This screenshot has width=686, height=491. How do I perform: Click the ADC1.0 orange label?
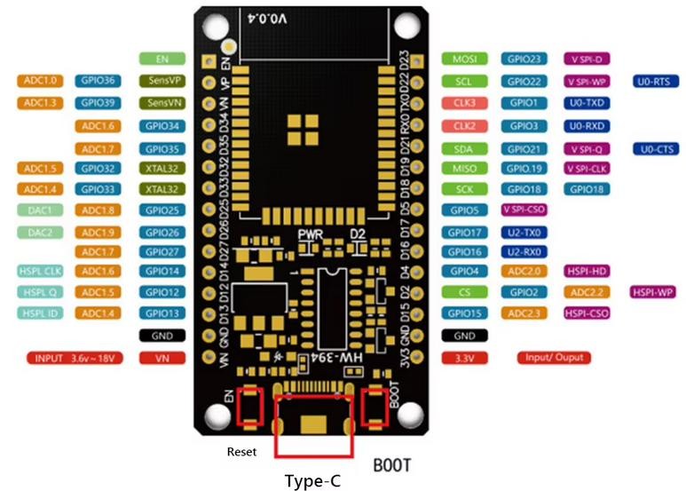[40, 81]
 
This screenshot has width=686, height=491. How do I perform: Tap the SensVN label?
[162, 103]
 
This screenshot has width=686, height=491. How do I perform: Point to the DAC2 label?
[40, 233]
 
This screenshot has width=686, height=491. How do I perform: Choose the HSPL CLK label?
[40, 271]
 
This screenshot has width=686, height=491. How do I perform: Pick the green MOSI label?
[464, 59]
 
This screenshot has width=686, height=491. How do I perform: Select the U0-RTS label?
[658, 82]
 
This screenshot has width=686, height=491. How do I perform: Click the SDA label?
[464, 148]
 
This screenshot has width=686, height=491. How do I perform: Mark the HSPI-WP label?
[654, 291]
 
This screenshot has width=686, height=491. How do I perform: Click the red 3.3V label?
[464, 358]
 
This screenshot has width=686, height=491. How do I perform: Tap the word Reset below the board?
[241, 452]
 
